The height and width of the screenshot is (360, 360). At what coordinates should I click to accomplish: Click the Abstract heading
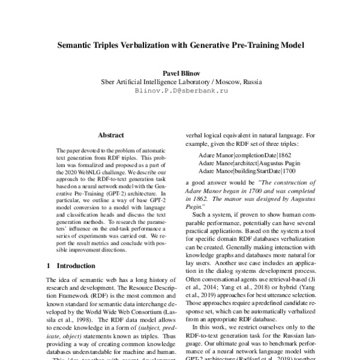click(x=110, y=136)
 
